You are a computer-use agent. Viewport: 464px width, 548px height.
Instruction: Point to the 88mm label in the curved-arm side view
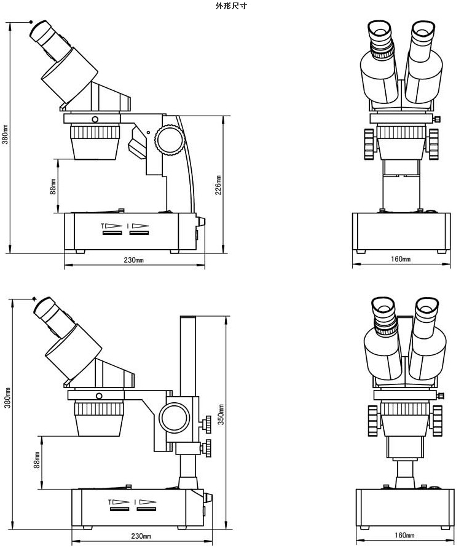(x=53, y=186)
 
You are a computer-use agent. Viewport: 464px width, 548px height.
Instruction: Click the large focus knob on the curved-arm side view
(x=169, y=140)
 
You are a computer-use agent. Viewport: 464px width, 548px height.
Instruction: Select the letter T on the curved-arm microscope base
(x=103, y=226)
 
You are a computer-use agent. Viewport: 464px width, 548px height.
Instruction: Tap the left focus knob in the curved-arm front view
(x=369, y=144)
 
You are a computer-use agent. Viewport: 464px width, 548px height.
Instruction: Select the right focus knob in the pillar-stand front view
(x=437, y=420)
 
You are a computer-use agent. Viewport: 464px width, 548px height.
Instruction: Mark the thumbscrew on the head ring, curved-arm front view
(x=438, y=119)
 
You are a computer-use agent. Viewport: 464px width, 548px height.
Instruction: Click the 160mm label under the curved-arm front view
(x=401, y=259)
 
